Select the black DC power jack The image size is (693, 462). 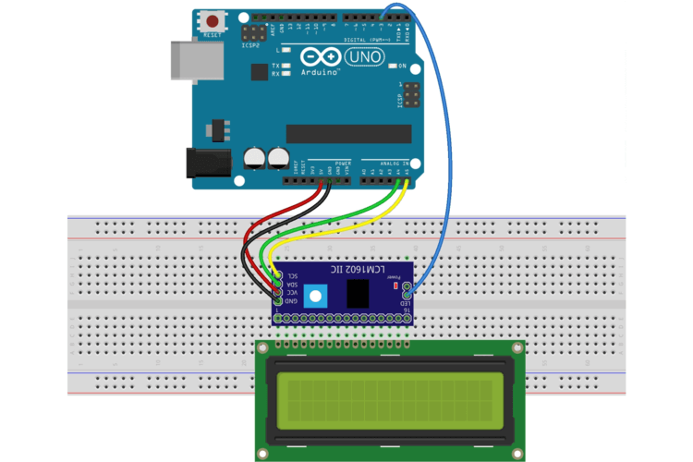pos(208,163)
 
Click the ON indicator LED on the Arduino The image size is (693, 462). pos(392,67)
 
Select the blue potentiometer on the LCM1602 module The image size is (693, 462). pos(317,296)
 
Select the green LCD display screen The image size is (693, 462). pos(390,400)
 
